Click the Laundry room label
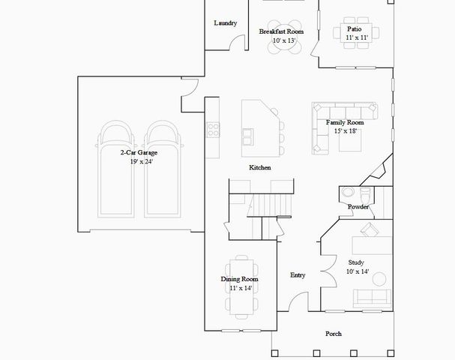(x=225, y=23)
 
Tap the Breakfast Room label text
(x=281, y=31)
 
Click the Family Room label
(x=344, y=122)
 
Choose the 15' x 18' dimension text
(x=345, y=130)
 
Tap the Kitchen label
(x=260, y=167)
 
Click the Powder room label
(x=358, y=206)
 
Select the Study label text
(x=356, y=262)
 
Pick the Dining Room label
(x=239, y=279)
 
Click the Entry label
(x=298, y=275)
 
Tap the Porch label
(x=334, y=334)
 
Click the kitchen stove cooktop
(x=213, y=129)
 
